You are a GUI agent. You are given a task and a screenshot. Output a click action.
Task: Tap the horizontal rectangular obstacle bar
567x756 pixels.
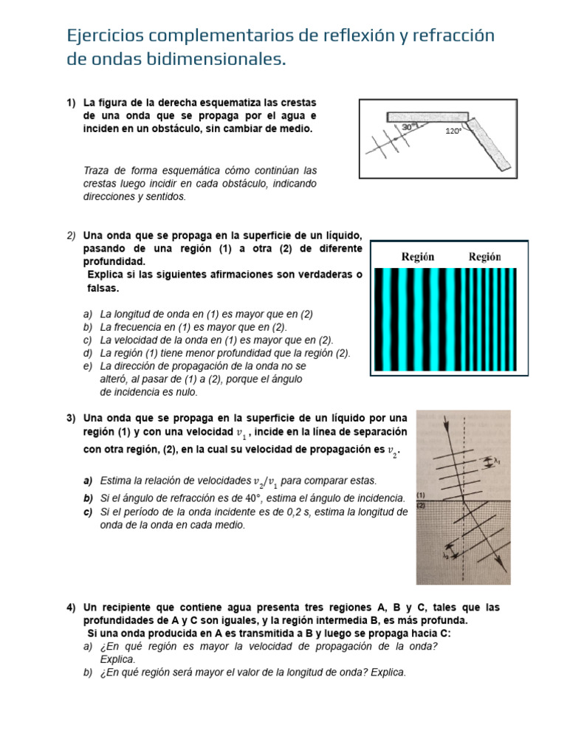click(x=426, y=116)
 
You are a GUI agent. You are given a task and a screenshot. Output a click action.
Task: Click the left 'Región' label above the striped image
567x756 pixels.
click(x=418, y=257)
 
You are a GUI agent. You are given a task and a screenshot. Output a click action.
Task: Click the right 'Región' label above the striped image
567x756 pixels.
click(x=484, y=257)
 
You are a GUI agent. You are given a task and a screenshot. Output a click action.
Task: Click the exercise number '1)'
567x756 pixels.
click(x=72, y=102)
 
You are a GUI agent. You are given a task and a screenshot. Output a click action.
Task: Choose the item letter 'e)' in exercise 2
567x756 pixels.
click(x=88, y=365)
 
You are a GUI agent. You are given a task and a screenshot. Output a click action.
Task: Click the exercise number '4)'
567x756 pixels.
click(x=72, y=607)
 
